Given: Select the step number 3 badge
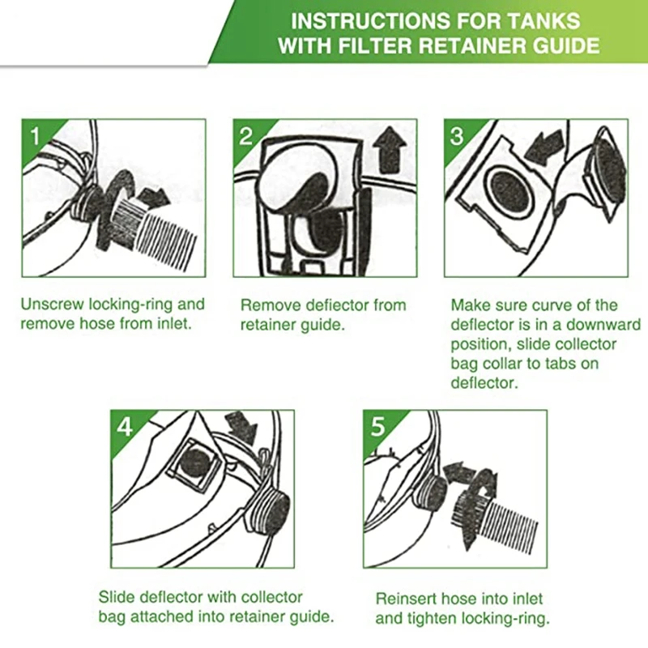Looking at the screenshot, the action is pos(457,135).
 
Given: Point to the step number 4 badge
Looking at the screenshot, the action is pos(125,427).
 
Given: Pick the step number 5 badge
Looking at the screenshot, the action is pos(377,427).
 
